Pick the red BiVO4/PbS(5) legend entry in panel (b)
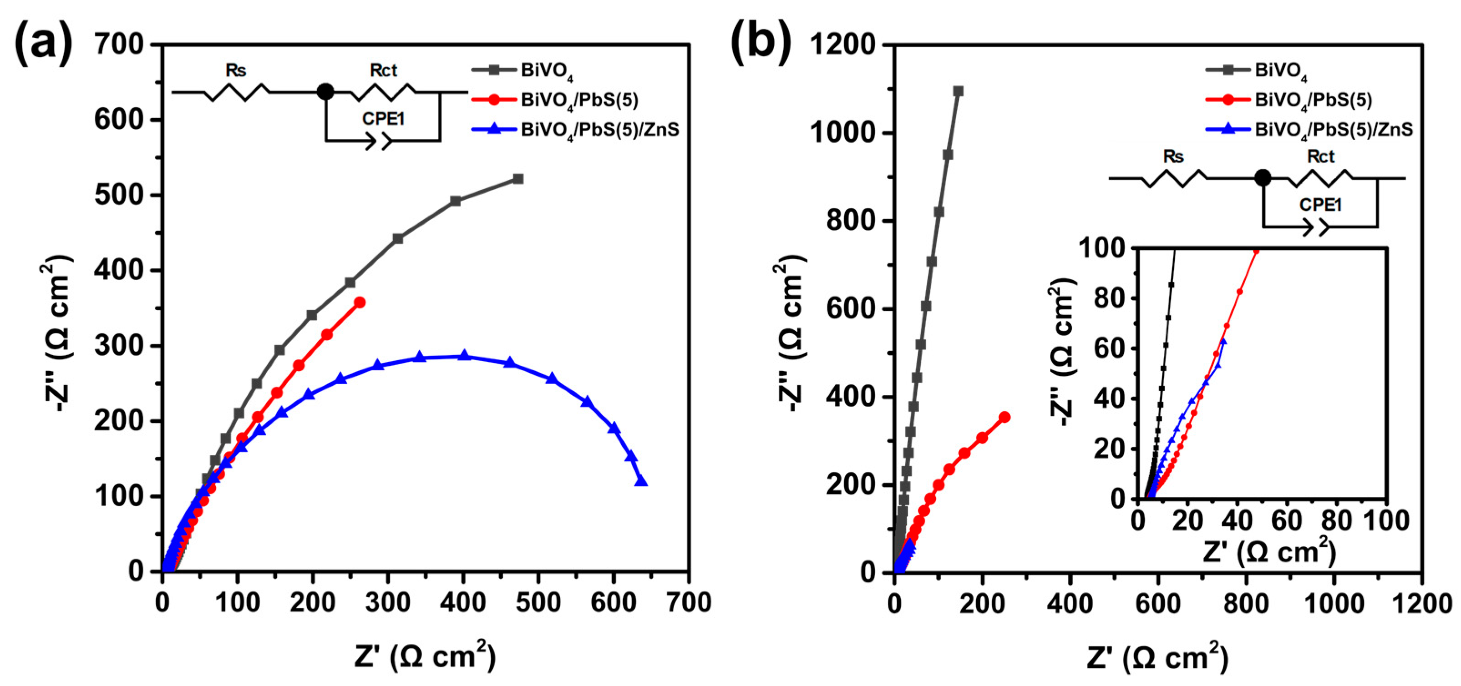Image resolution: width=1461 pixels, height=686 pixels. click(1313, 101)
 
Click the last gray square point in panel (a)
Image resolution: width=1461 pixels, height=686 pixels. click(517, 179)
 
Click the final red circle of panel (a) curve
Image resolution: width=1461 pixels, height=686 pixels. click(359, 303)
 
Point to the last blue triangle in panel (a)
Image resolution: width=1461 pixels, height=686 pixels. click(641, 481)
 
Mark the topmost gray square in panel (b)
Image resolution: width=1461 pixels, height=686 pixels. click(959, 91)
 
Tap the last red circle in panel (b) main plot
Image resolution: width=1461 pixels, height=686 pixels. click(1004, 417)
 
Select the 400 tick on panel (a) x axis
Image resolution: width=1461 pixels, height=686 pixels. click(463, 603)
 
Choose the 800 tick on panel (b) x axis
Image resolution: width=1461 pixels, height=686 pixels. click(1246, 604)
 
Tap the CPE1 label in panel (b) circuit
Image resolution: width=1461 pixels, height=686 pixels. click(1320, 205)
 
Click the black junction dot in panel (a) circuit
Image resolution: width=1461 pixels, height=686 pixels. click(325, 92)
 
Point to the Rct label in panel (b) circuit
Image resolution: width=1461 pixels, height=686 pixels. click(1320, 156)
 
